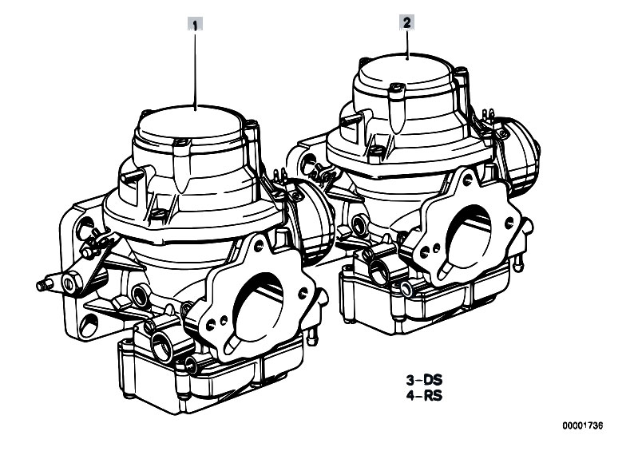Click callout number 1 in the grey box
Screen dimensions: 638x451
point(196,25)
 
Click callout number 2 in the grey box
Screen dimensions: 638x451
point(407,22)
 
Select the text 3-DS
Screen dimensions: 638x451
point(424,380)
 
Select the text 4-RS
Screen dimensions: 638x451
point(424,395)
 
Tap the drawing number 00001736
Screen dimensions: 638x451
point(583,425)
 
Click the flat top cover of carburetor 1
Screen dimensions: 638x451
point(191,122)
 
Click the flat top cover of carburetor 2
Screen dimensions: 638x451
point(404,70)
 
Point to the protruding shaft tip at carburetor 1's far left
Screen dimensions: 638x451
point(42,285)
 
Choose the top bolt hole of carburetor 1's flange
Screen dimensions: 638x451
point(258,246)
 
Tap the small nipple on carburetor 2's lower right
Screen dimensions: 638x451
point(518,263)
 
